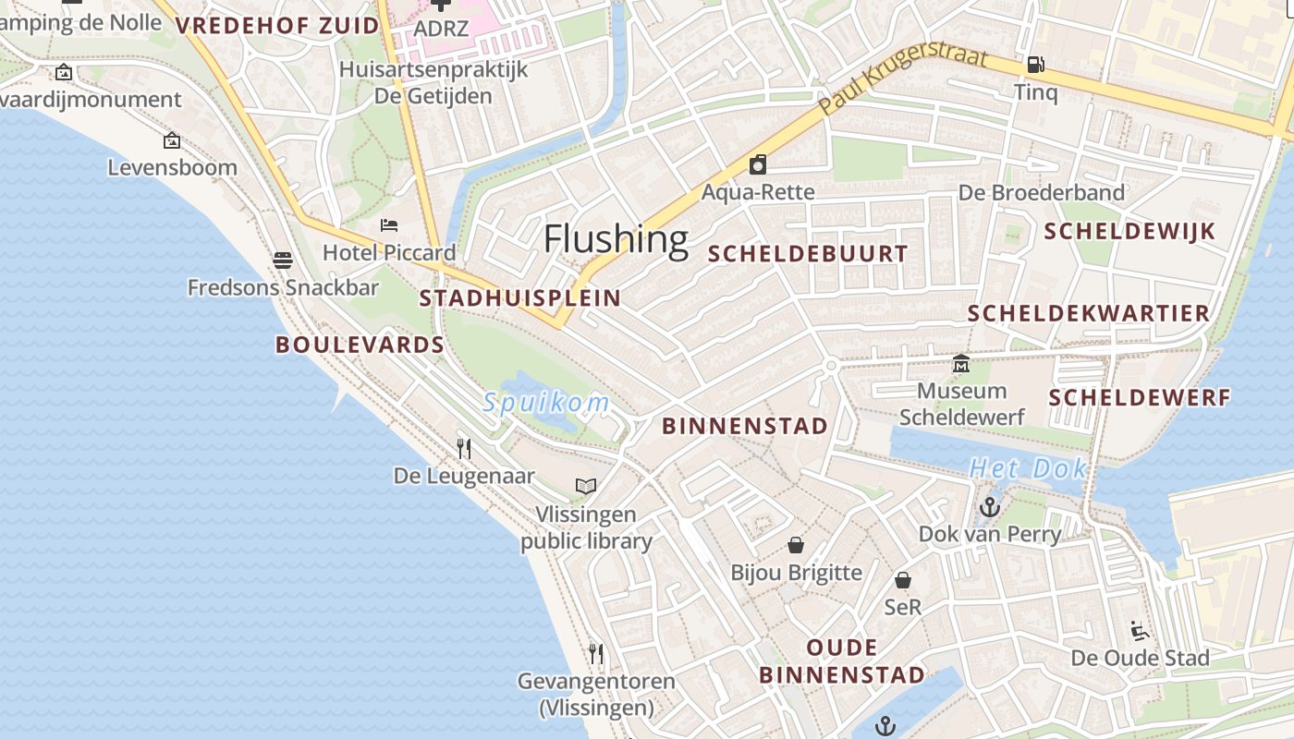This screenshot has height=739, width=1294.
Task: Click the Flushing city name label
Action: (x=616, y=239)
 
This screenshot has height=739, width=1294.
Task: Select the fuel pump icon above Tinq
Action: (x=1035, y=65)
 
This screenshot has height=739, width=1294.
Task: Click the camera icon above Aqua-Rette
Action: (x=758, y=164)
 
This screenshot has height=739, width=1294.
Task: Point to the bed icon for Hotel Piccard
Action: (x=389, y=225)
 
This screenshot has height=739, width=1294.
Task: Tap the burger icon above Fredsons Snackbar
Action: (x=283, y=260)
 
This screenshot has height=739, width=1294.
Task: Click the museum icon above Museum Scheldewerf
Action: (x=961, y=364)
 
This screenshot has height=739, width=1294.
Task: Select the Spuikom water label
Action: (x=546, y=403)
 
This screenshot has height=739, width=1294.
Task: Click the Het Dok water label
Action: (x=1028, y=468)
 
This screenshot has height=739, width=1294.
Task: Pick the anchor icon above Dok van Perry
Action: (x=990, y=507)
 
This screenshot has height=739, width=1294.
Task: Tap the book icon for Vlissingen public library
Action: (x=586, y=486)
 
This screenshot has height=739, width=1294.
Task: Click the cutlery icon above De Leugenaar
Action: (x=464, y=449)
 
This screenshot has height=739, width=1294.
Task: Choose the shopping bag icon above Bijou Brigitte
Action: (x=796, y=545)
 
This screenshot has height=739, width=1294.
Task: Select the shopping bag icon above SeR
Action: (x=903, y=580)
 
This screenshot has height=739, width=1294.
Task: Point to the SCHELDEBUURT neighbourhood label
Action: (x=808, y=254)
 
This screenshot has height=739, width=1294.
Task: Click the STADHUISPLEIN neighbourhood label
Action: (x=519, y=297)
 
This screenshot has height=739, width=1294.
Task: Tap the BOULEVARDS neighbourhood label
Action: (x=360, y=345)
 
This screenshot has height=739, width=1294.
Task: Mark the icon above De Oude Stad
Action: (x=1140, y=631)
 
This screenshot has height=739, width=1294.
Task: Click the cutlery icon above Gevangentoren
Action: (x=596, y=654)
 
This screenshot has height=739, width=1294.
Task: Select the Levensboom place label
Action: (x=173, y=167)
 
